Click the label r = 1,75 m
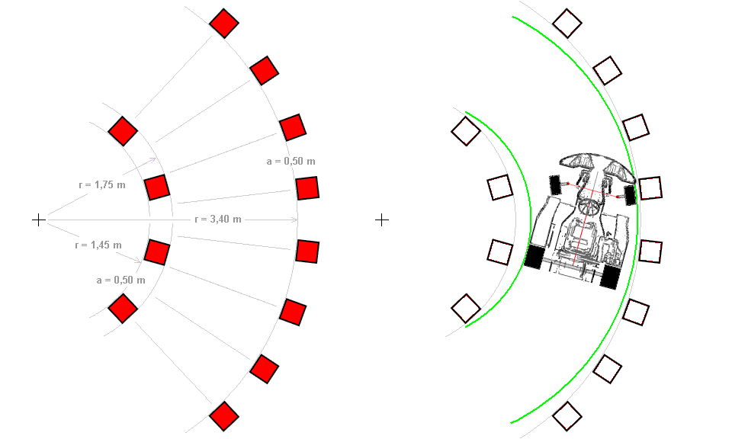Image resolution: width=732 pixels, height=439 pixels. pyautogui.click(x=102, y=184)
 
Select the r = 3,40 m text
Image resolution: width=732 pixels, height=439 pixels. pyautogui.click(x=218, y=219)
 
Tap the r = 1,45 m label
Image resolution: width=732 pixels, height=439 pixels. pyautogui.click(x=98, y=245)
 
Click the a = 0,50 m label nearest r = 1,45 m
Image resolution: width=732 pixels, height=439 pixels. pyautogui.click(x=121, y=280)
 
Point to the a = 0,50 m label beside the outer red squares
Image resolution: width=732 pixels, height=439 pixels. pyautogui.click(x=291, y=162)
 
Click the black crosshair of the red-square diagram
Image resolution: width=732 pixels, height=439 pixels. pyautogui.click(x=39, y=219)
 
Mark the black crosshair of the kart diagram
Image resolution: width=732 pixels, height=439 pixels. pyautogui.click(x=382, y=219)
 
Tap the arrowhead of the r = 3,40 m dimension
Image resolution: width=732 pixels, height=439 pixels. pyautogui.click(x=294, y=219)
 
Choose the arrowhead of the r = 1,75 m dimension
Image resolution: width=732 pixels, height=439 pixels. pyautogui.click(x=152, y=161)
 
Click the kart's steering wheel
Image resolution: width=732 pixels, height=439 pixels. pyautogui.click(x=589, y=207)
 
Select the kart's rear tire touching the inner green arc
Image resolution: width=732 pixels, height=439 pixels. pyautogui.click(x=535, y=257)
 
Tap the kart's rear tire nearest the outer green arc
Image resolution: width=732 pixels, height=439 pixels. pyautogui.click(x=610, y=277)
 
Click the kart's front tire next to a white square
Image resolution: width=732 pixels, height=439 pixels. pyautogui.click(x=631, y=195)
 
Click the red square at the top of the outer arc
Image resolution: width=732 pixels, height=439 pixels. pyautogui.click(x=224, y=23)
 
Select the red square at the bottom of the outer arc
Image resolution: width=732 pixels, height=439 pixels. pyautogui.click(x=224, y=416)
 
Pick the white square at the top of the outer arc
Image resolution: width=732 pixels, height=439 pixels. pyautogui.click(x=567, y=24)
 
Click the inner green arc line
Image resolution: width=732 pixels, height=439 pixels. pyautogui.click(x=531, y=219)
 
